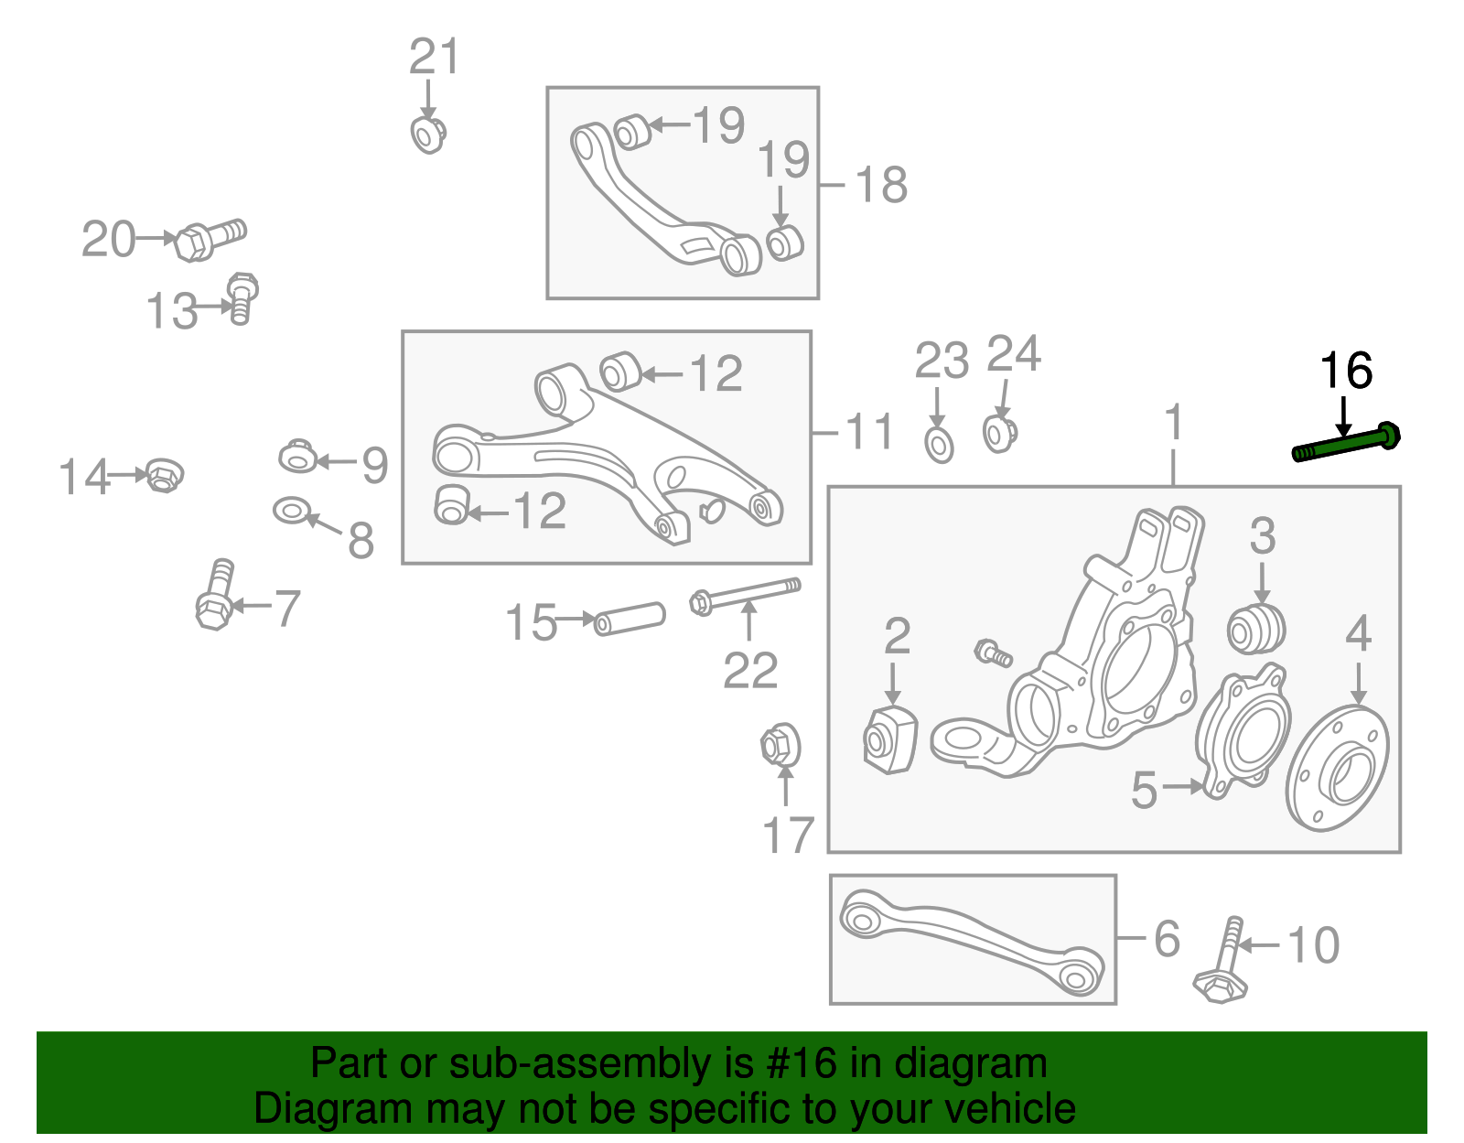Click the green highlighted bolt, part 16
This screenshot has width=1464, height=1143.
(1346, 446)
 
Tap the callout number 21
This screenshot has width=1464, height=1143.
(434, 58)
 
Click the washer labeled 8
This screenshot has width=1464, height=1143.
(292, 511)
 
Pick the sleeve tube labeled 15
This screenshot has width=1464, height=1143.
(630, 618)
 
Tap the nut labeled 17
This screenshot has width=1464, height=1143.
(780, 746)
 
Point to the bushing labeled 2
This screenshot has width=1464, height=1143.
(889, 739)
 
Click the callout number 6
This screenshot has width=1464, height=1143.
(1167, 939)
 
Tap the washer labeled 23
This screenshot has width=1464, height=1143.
(940, 445)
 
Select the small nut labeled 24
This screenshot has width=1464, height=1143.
(999, 432)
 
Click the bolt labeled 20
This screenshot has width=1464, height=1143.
(209, 239)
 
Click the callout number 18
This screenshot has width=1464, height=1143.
(881, 185)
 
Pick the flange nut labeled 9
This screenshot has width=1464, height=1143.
(298, 455)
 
